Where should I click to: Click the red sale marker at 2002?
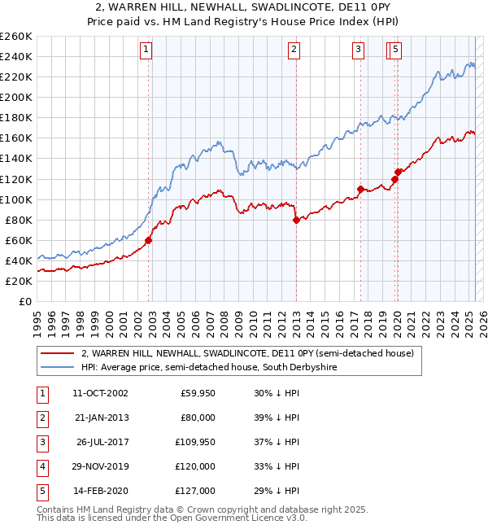pyautogui.click(x=149, y=240)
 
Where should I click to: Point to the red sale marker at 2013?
pyautogui.click(x=296, y=220)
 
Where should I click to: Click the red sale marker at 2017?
pyautogui.click(x=360, y=189)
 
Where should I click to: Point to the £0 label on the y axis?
pyautogui.click(x=25, y=301)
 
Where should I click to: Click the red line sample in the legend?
pyautogui.click(x=57, y=353)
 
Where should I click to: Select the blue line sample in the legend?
pyautogui.click(x=57, y=367)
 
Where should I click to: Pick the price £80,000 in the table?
pyautogui.click(x=198, y=418)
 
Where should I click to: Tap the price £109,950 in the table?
pyautogui.click(x=195, y=442)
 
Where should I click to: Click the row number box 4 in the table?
pyautogui.click(x=41, y=466)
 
